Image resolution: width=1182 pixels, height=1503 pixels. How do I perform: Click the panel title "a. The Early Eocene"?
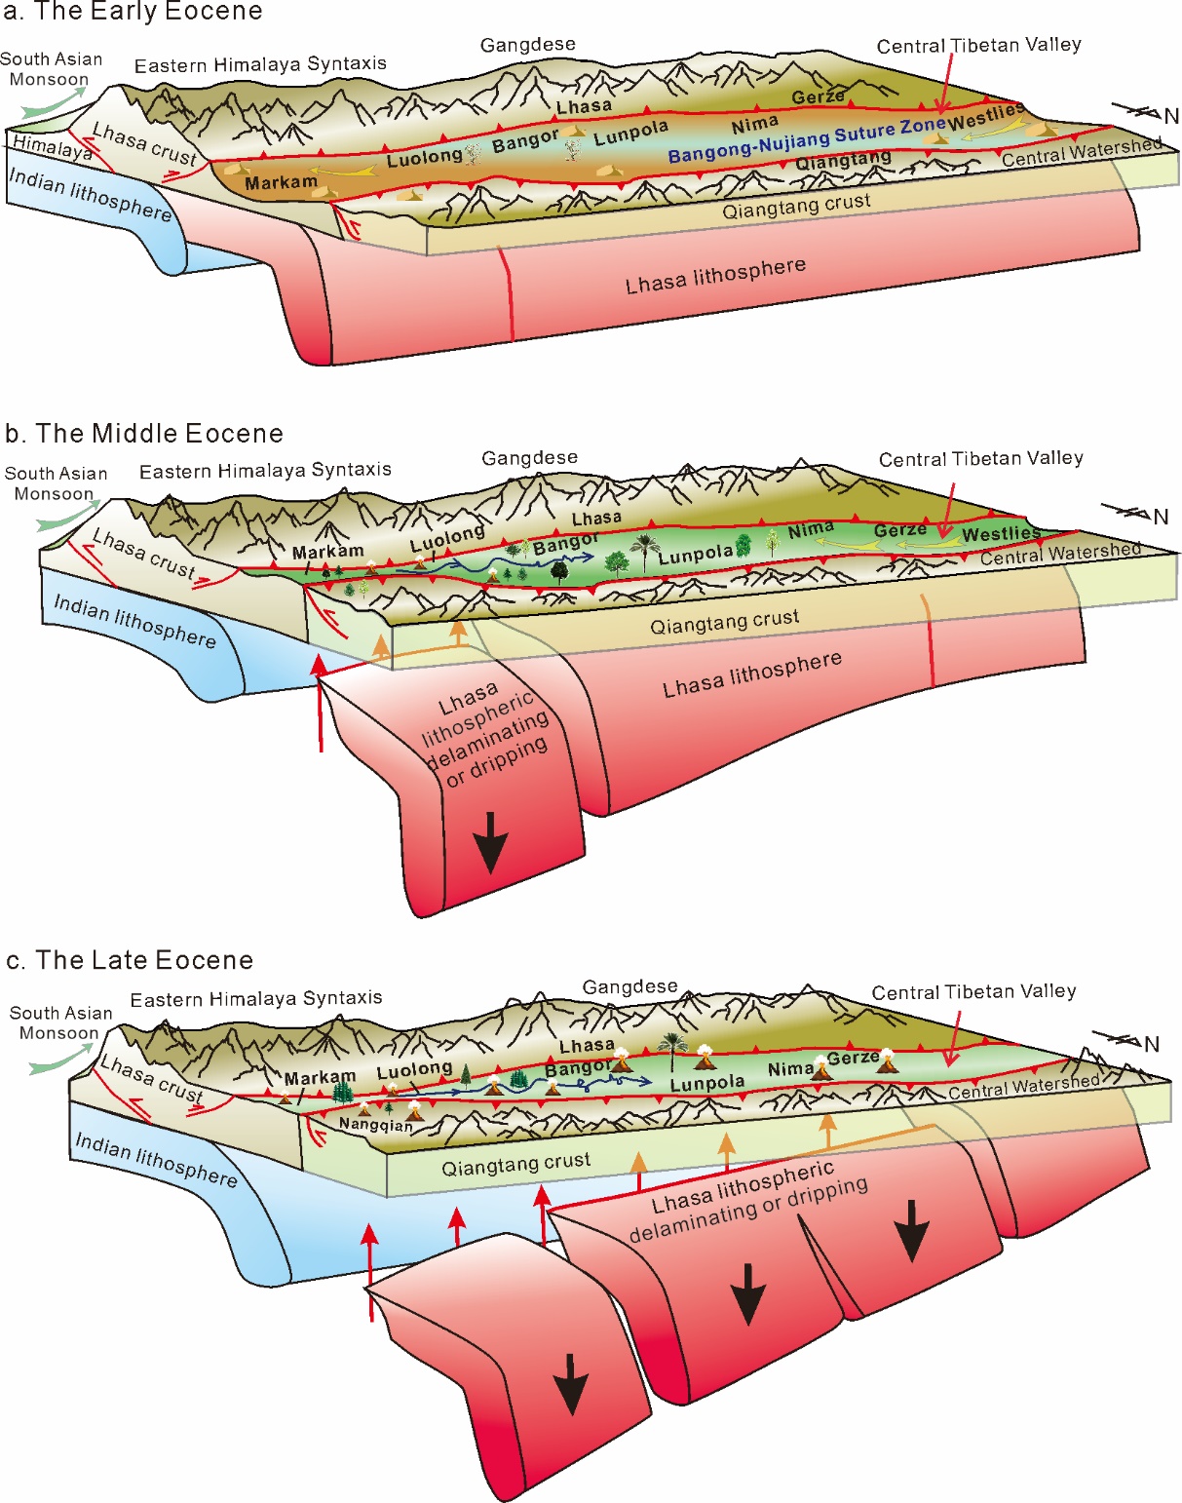[x=133, y=12]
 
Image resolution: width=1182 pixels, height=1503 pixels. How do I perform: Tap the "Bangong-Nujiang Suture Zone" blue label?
[x=806, y=140]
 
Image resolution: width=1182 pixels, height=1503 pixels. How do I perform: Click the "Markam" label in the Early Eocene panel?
[x=281, y=182]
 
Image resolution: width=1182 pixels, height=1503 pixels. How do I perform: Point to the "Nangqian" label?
[x=375, y=1124]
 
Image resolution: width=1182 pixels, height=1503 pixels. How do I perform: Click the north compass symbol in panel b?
[x=1134, y=513]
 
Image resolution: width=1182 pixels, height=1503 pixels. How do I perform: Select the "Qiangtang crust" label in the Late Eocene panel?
[x=515, y=1164]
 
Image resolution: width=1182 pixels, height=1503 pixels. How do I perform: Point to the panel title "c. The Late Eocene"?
[x=130, y=960]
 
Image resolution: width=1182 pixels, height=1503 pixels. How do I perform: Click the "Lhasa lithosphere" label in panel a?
[x=715, y=275]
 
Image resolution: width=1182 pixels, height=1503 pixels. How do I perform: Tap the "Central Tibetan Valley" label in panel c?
[x=973, y=992]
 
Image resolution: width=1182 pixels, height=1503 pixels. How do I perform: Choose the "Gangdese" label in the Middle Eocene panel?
[x=529, y=458]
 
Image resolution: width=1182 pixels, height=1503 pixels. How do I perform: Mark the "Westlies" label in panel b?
[x=1001, y=534]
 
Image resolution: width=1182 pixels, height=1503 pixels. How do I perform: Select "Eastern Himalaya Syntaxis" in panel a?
[x=260, y=64]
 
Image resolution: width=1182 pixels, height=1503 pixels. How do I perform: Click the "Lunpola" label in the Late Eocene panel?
[x=706, y=1084]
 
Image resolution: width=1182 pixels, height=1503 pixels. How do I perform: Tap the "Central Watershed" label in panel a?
[x=1082, y=152]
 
